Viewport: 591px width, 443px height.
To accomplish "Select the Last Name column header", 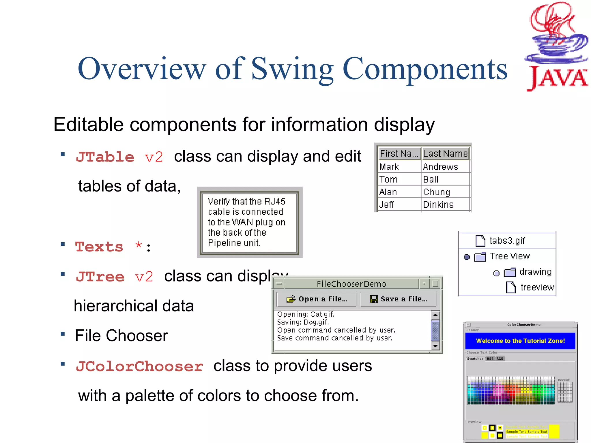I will (x=445, y=154).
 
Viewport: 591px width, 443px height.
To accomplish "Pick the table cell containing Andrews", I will (x=440, y=167).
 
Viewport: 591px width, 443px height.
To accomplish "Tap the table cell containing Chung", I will (x=436, y=192).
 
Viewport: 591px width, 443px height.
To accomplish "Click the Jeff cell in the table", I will (x=386, y=204).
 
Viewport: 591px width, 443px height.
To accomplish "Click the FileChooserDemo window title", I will (x=351, y=284).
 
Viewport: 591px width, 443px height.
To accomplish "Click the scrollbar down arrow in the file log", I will (x=435, y=346).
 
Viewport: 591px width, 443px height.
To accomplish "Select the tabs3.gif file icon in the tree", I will (x=480, y=241).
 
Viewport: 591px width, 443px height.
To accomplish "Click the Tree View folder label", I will (x=510, y=256).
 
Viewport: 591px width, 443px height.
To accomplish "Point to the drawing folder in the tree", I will (x=510, y=272).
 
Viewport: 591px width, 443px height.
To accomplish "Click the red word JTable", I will (x=105, y=157).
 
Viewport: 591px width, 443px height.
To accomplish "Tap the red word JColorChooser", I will (x=139, y=367).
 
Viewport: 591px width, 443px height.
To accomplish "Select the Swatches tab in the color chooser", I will (x=475, y=358).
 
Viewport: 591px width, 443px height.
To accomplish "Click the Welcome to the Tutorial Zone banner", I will (x=520, y=341).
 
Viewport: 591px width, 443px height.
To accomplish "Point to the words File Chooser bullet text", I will (x=121, y=336).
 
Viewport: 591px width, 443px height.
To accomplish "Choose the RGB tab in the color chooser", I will (x=500, y=358).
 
